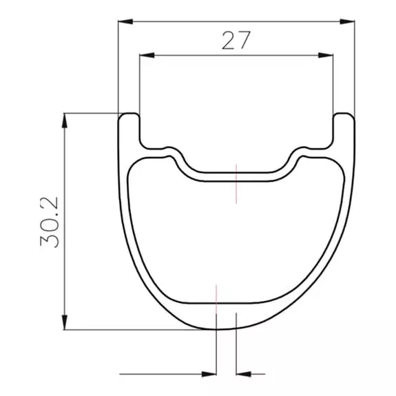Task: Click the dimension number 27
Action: point(236,41)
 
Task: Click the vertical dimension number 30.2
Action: point(49,222)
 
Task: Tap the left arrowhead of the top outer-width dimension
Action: point(125,21)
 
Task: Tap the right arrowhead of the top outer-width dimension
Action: point(347,21)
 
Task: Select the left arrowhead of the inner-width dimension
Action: point(147,55)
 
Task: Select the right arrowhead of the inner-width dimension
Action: point(326,55)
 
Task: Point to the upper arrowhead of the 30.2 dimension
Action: point(65,121)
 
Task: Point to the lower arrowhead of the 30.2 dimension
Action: point(65,322)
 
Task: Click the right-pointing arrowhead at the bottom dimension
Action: point(209,374)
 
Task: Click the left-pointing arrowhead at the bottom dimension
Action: point(244,374)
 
